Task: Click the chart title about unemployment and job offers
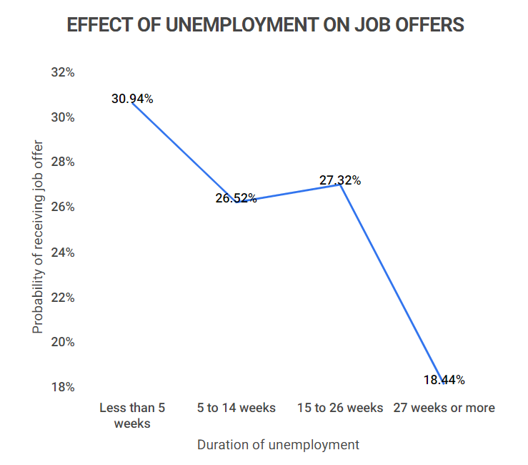(x=265, y=25)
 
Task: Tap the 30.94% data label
(x=132, y=99)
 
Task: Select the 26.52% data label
(x=236, y=198)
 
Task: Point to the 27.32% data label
(x=339, y=180)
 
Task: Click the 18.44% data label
(x=444, y=380)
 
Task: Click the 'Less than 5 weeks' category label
(x=132, y=415)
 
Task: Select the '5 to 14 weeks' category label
(x=236, y=408)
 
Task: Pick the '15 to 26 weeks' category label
(x=340, y=408)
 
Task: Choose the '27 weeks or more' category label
(x=444, y=408)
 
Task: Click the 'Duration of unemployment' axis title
(x=278, y=444)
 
